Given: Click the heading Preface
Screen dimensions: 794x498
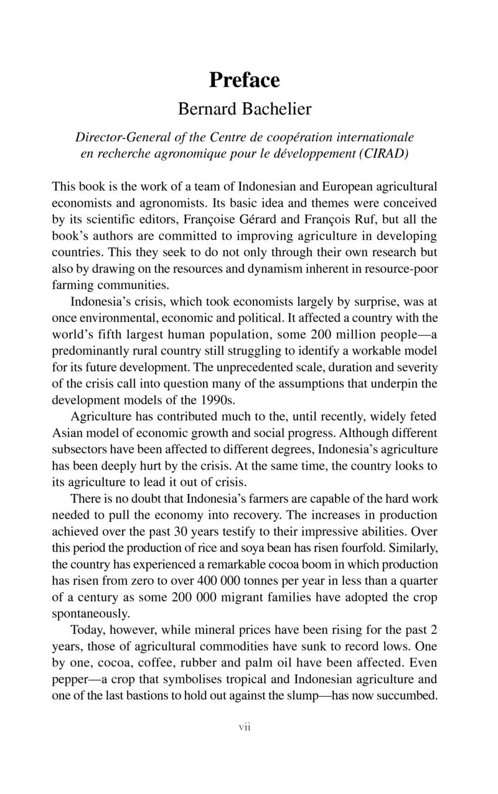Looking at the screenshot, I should pos(244,80).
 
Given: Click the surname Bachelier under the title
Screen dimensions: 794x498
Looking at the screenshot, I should pos(275,110).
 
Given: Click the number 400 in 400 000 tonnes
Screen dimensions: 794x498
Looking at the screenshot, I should pos(207,580).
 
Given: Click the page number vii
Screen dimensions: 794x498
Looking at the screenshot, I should pos(244,727).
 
